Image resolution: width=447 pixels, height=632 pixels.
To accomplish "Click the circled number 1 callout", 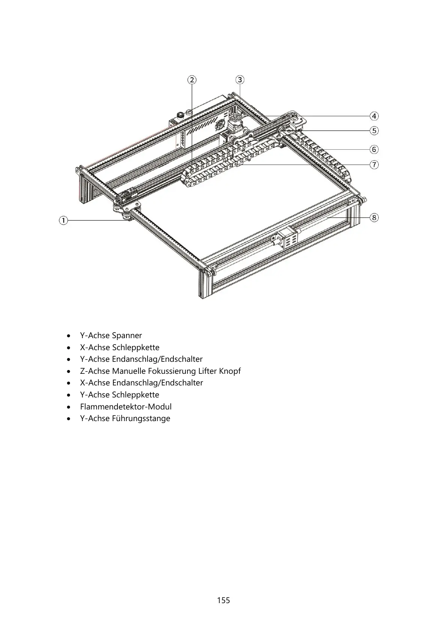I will tap(63, 220).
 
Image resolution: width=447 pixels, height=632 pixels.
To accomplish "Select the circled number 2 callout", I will tap(192, 80).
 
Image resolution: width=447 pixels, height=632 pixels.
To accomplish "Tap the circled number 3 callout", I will tap(240, 80).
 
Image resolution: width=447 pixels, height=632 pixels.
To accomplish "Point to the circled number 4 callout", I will tap(374, 116).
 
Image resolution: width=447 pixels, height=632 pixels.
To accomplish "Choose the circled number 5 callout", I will tap(374, 131).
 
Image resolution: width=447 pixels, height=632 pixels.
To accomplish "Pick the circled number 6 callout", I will tap(374, 149).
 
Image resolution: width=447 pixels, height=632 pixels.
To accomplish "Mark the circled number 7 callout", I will tap(374, 164).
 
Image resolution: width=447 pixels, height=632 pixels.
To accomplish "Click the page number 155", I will tap(223, 600).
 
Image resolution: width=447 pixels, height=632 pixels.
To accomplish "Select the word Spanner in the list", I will tap(127, 336).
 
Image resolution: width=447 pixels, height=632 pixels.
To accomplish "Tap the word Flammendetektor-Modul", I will tap(126, 407).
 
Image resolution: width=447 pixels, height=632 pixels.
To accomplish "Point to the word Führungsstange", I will tap(141, 418).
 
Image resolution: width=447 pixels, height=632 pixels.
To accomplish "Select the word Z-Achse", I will tap(95, 371).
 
